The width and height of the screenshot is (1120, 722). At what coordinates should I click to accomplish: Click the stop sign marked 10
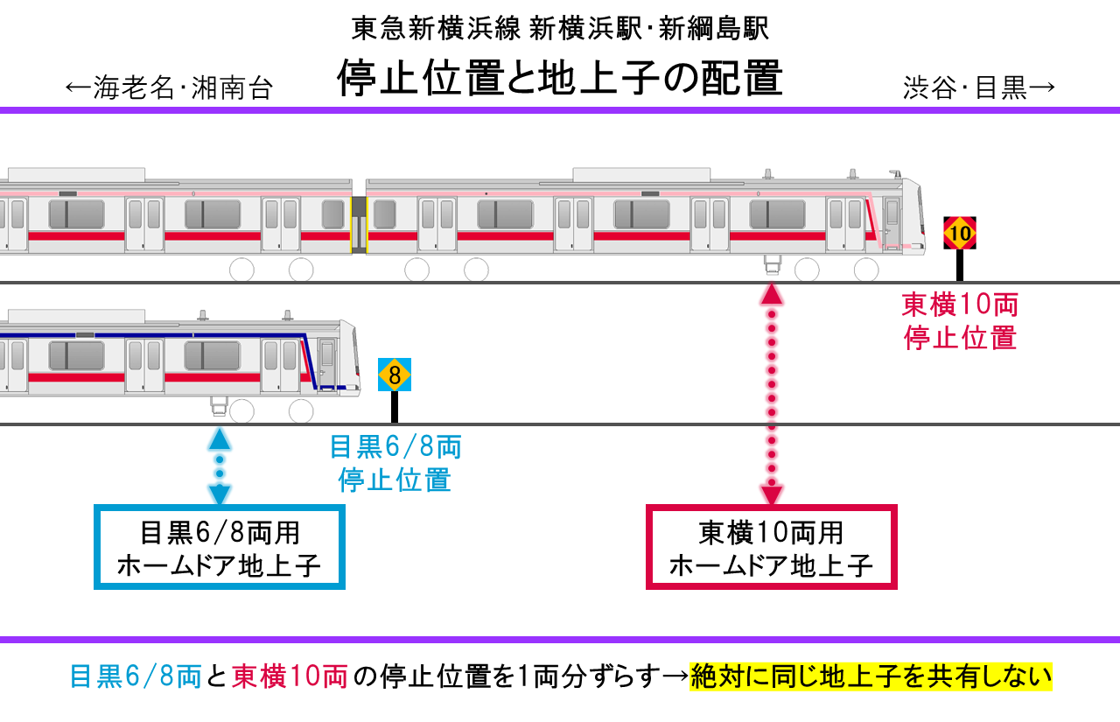click(x=960, y=234)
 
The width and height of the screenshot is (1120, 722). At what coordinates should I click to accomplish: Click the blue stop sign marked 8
click(x=395, y=375)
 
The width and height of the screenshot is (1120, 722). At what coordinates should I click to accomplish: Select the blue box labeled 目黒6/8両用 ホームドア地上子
click(x=220, y=548)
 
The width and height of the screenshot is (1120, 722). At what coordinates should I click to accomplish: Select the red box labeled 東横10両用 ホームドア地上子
click(x=771, y=548)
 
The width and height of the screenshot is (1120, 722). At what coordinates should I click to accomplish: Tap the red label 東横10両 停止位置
click(x=960, y=321)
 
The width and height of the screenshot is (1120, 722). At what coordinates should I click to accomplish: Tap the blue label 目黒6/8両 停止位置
click(x=395, y=463)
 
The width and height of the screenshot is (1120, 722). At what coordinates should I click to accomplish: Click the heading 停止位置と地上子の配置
click(x=560, y=77)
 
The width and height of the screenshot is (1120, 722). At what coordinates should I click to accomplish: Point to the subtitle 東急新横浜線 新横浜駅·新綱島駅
click(x=560, y=29)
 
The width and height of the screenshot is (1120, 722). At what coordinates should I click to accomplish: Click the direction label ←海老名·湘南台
click(x=170, y=88)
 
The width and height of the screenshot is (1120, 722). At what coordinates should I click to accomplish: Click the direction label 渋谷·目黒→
click(x=979, y=88)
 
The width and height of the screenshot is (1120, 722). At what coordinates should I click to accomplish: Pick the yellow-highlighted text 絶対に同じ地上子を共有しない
click(x=871, y=676)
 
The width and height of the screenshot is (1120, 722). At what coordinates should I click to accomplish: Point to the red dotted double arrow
click(x=771, y=394)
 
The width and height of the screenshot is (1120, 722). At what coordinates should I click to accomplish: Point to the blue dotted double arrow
click(x=220, y=466)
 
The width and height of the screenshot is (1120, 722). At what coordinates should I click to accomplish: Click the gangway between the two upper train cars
click(x=359, y=223)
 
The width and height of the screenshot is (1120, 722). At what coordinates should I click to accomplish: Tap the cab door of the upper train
click(x=892, y=223)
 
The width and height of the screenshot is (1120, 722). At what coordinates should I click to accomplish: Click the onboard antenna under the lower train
click(x=219, y=404)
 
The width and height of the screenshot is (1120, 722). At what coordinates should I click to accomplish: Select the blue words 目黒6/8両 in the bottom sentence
click(x=136, y=676)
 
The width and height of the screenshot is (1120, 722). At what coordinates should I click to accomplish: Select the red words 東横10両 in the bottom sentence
click(x=290, y=676)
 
